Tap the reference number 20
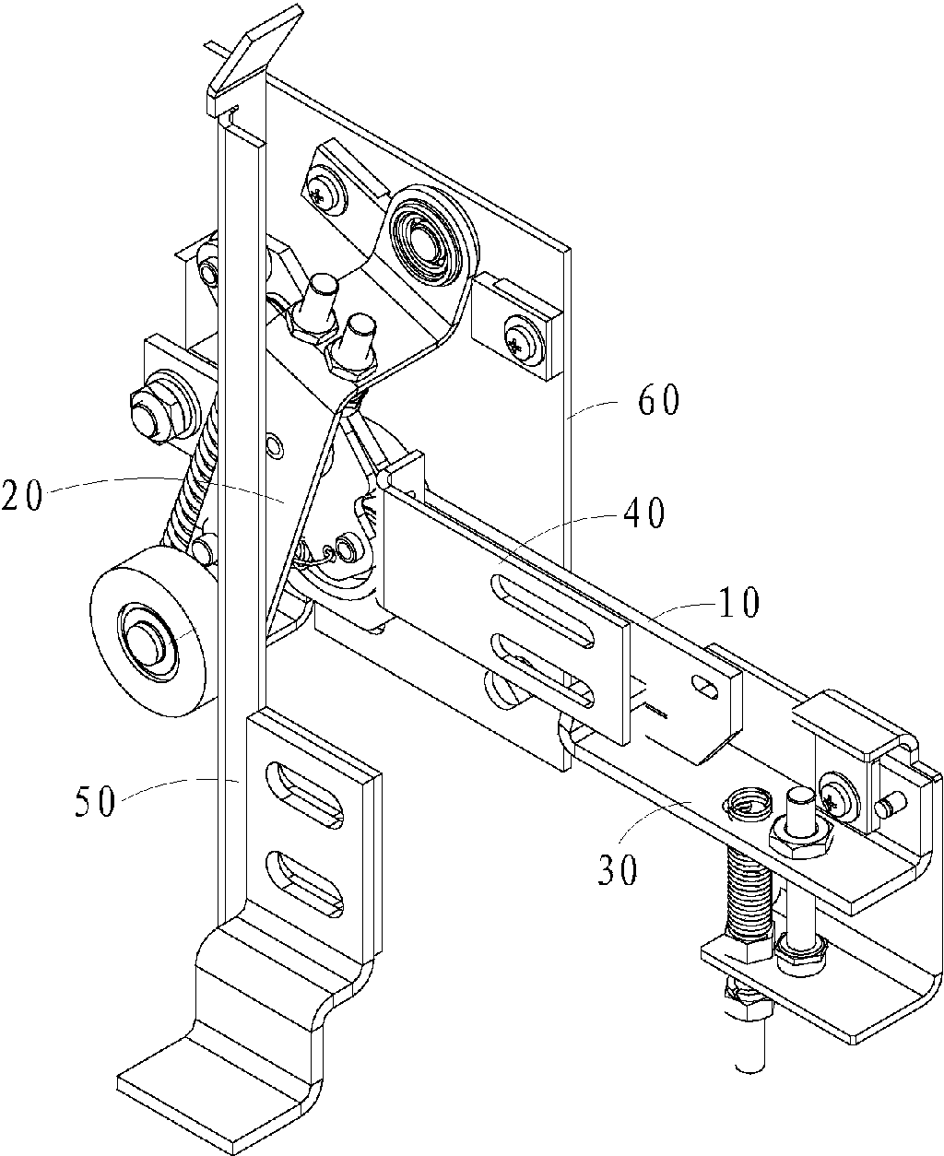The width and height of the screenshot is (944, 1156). [21, 496]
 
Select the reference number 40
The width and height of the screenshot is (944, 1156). [643, 513]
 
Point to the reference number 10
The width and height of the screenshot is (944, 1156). [739, 601]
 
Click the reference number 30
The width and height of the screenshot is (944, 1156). [618, 870]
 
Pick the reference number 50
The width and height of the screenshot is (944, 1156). [95, 801]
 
